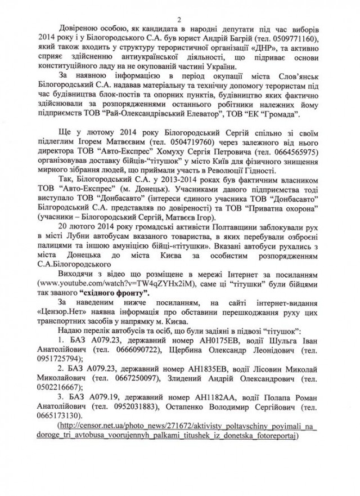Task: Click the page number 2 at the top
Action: [180, 7]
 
